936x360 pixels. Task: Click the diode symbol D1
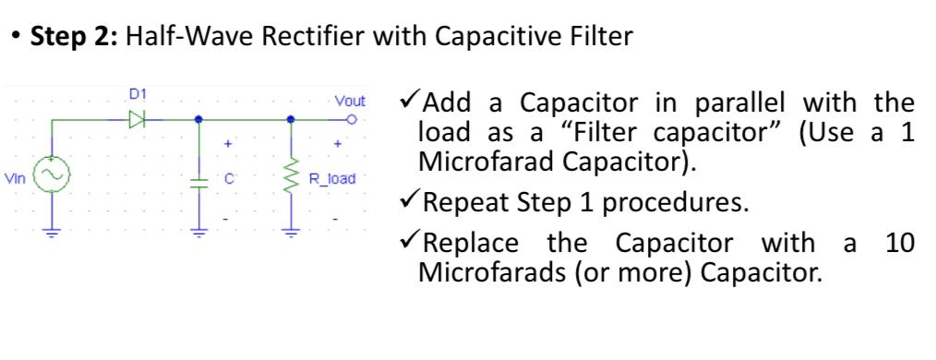pyautogui.click(x=138, y=119)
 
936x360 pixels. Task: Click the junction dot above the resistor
pyautogui.click(x=292, y=119)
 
